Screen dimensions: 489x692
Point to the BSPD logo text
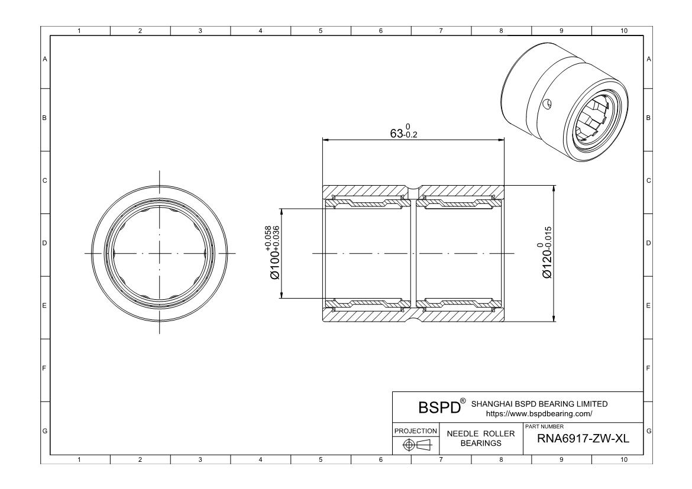pyautogui.click(x=438, y=408)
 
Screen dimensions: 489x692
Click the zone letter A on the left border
pyautogui.click(x=44, y=59)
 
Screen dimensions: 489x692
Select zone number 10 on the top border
pyautogui.click(x=622, y=30)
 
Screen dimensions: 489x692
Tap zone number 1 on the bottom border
pyautogui.click(x=80, y=459)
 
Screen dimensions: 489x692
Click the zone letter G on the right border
pyautogui.click(x=649, y=430)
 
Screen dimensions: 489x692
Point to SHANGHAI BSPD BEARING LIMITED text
pyautogui.click(x=538, y=404)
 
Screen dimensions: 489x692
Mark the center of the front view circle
pyautogui.click(x=159, y=254)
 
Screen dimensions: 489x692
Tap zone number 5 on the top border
pyautogui.click(x=320, y=30)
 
